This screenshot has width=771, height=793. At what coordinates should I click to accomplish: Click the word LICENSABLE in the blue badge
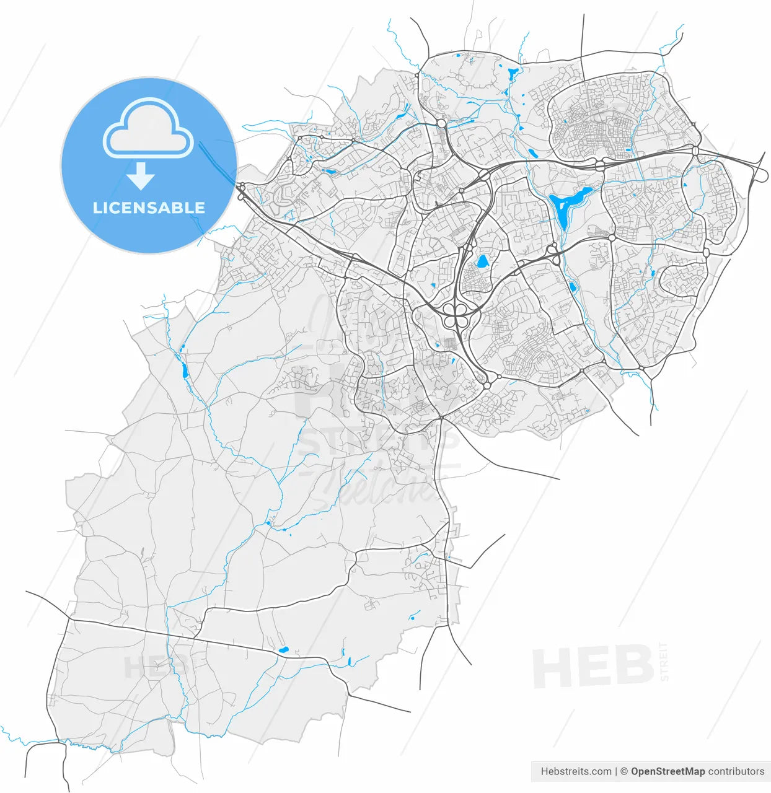pos(149,208)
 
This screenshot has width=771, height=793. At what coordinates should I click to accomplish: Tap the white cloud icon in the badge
pos(148,129)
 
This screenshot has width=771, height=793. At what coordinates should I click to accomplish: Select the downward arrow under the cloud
pos(141,177)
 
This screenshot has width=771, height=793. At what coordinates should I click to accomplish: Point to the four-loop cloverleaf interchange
pos(456,315)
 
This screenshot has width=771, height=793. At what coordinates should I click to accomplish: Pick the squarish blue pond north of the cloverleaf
pos(482,261)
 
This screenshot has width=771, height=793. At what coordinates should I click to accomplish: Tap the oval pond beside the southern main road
pos(283,650)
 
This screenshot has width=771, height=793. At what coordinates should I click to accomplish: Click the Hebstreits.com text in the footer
pos(576,771)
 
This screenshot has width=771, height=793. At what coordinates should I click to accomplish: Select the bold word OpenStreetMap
pos(667,771)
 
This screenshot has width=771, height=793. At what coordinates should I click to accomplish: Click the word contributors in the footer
pos(736,771)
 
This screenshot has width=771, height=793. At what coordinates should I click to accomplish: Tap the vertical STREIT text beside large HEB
pos(664,662)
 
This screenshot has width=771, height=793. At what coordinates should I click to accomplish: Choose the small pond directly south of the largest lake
pos(572,287)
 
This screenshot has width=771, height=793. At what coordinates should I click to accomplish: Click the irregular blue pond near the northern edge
pos(513,74)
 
